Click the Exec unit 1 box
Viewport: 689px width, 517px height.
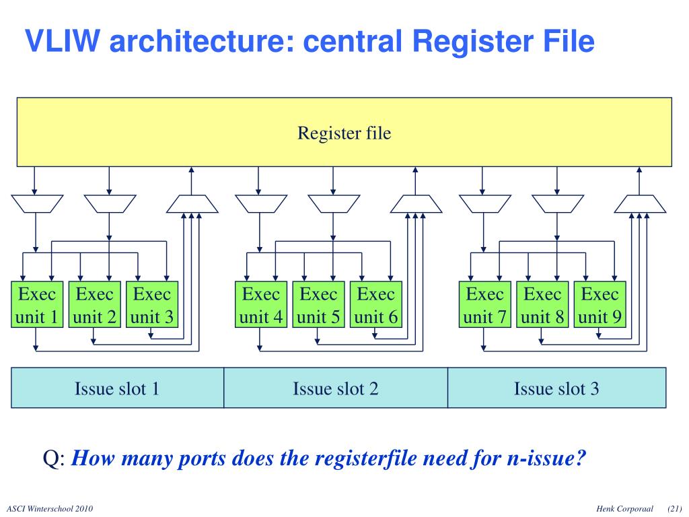[37, 304]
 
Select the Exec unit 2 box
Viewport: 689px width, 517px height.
[95, 304]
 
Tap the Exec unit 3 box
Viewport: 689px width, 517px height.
[152, 304]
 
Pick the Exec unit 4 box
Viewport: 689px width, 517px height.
[261, 304]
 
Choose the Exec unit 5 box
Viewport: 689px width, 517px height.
[318, 304]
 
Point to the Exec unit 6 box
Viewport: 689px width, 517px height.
[375, 304]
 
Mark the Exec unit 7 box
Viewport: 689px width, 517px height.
[485, 304]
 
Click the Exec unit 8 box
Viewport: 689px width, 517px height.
[542, 304]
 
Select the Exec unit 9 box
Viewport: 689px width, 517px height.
[600, 304]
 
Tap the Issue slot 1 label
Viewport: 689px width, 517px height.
[117, 388]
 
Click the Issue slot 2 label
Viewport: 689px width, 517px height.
[336, 388]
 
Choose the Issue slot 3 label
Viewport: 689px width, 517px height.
[556, 388]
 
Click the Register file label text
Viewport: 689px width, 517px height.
[344, 133]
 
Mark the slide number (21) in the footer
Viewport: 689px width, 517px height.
[675, 508]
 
